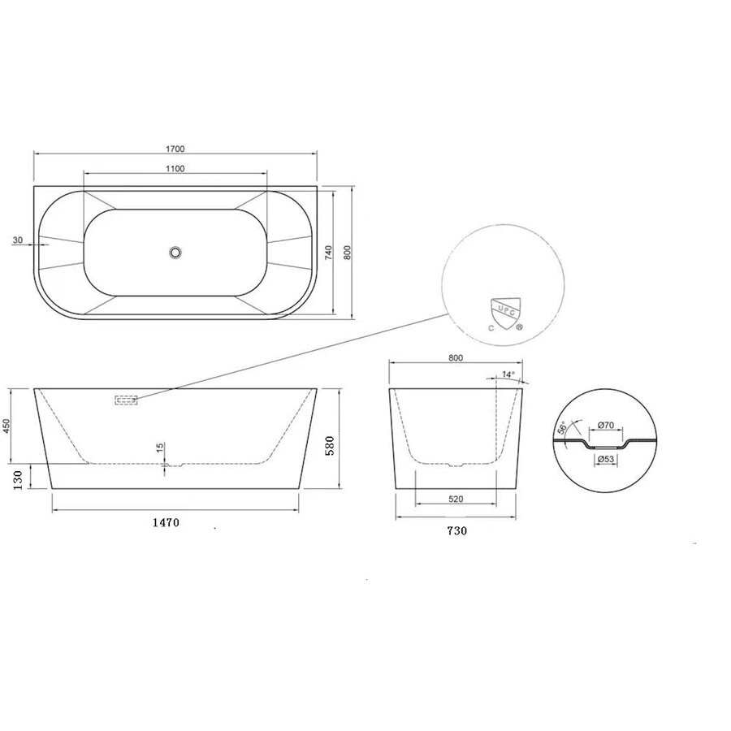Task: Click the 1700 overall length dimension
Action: [175, 149]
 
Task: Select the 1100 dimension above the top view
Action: [175, 169]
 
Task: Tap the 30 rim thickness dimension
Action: [18, 240]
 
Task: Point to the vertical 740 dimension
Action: [329, 253]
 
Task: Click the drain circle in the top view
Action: [175, 253]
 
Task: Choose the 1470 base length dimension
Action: [163, 523]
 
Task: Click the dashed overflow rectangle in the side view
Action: [126, 399]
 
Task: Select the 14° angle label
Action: [508, 375]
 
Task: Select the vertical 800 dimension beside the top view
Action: [348, 253]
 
